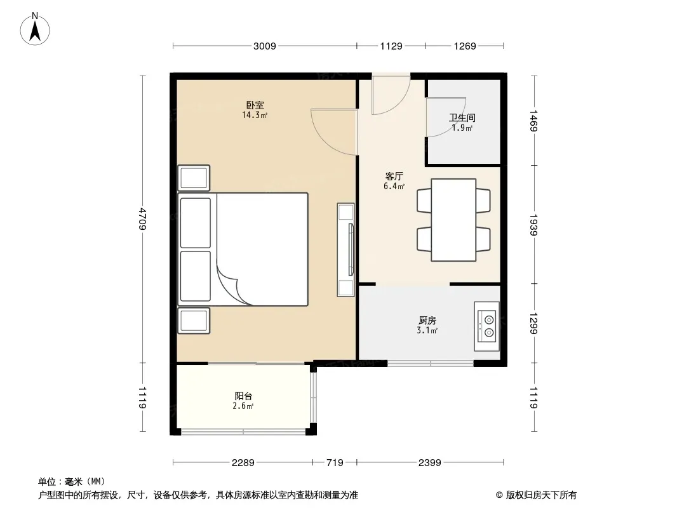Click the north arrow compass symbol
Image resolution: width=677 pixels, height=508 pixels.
(35, 29)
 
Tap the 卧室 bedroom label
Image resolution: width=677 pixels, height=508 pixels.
(255, 105)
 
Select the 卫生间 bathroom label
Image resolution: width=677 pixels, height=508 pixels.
(462, 117)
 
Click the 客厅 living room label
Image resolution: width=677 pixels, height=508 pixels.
(394, 176)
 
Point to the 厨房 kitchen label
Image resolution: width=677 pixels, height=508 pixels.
(427, 320)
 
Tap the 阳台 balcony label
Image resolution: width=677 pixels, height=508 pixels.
(243, 396)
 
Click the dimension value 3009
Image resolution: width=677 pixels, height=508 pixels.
(264, 46)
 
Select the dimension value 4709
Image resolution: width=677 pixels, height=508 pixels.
(143, 219)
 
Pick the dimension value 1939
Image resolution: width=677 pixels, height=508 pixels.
(533, 225)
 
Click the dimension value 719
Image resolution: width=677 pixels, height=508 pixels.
(335, 463)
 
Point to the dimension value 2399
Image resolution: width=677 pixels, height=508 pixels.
(429, 463)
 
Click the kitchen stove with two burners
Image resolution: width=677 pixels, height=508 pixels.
(486, 326)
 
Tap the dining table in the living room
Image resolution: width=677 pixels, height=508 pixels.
(453, 220)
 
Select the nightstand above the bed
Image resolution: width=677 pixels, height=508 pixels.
(194, 178)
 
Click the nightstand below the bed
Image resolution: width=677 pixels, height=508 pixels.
(194, 320)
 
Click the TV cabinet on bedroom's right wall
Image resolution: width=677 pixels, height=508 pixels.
(345, 250)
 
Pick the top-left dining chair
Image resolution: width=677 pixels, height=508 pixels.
(424, 200)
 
